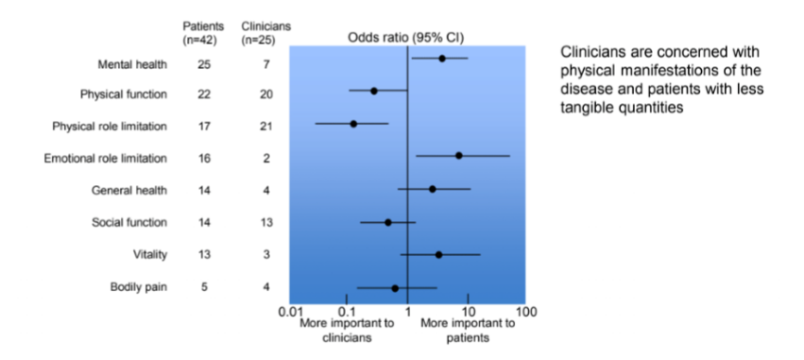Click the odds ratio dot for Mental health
coord(441,59)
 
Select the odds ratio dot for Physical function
coord(374,91)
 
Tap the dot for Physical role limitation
coord(354,124)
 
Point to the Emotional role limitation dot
coord(459,155)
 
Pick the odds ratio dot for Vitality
coord(438,254)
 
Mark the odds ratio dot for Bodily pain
coord(395,287)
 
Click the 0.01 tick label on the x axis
coord(290,311)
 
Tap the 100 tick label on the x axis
coord(526,311)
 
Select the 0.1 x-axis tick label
coord(347,311)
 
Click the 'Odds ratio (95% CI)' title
coord(408,37)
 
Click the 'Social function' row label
coord(129,222)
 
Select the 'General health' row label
coord(129,190)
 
